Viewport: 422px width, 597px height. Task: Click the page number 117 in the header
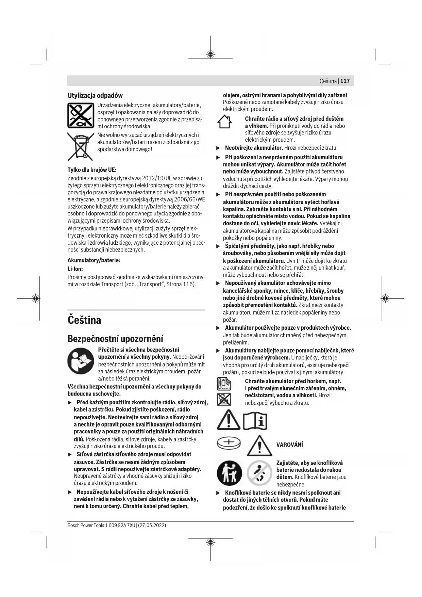point(344,81)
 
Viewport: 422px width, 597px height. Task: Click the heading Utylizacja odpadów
point(95,95)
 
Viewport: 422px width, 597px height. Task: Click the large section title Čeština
point(84,320)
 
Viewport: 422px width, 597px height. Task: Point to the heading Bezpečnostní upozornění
point(115,339)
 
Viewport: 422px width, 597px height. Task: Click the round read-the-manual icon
point(81,362)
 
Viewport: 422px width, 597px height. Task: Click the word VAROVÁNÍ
point(289,445)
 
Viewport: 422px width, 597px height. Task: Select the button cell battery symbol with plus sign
point(229,443)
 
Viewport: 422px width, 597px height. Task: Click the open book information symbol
point(255,421)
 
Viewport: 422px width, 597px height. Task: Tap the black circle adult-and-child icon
point(230,473)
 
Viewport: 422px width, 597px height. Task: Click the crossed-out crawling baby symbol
point(259,473)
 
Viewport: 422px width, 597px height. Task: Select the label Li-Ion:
point(75,269)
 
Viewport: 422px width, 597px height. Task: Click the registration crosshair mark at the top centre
point(210,54)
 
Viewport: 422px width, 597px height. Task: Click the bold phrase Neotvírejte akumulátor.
point(254,148)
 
